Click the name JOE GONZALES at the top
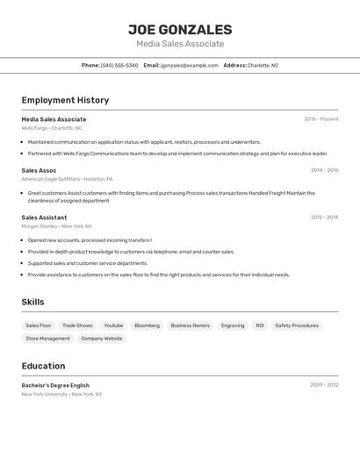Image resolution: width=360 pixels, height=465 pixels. coord(180,29)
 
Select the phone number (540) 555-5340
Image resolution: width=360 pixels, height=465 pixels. coord(119,65)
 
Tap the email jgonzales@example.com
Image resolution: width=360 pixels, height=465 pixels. coord(189,65)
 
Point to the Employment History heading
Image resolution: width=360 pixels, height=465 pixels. coord(65,100)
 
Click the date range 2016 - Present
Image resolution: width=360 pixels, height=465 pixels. coord(321,119)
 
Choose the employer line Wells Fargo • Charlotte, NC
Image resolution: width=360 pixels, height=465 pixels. coord(52,128)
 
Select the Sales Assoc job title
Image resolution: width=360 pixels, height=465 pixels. coord(39,170)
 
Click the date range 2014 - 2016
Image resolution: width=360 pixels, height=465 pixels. coord(324,170)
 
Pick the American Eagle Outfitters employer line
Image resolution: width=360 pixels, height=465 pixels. coord(67,179)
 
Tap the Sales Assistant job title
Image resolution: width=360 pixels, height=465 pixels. coord(44,218)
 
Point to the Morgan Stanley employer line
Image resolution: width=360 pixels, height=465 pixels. coord(56,226)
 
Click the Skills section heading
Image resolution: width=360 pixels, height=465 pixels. coord(33,302)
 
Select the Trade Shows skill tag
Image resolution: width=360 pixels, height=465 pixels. coord(77,325)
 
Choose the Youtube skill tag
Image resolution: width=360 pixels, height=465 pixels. coord(113,325)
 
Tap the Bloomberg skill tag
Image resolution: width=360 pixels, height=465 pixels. coord(147,325)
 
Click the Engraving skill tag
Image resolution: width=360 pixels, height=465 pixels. coord(233,325)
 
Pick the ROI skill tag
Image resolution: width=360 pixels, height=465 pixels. coord(260,325)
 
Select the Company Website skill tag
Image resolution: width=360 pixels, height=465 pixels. coord(102,338)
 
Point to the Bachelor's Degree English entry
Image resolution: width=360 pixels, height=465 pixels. coord(55,385)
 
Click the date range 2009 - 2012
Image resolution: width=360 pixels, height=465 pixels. coord(324,385)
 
